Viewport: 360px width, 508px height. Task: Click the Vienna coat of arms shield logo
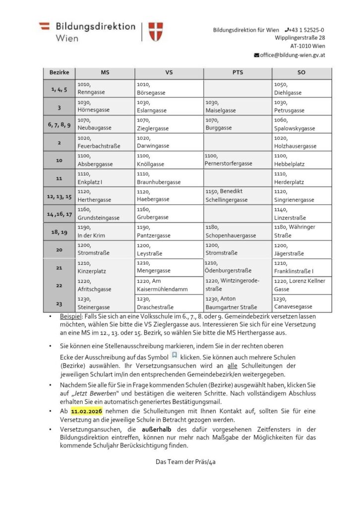click(156, 31)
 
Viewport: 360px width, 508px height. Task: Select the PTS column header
click(238, 72)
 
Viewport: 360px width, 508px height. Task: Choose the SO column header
click(301, 72)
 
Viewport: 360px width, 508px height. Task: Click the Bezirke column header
click(59, 72)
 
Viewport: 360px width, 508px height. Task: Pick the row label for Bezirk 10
click(59, 160)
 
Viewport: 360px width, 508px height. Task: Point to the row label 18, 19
click(59, 232)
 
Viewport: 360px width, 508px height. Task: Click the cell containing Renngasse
click(105, 89)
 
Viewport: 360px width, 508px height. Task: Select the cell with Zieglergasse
click(169, 124)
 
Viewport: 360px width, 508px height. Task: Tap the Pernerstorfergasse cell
click(238, 160)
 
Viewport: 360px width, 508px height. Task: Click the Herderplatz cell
click(301, 178)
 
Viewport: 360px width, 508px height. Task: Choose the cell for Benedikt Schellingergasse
click(238, 195)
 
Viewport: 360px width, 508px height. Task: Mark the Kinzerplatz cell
click(105, 267)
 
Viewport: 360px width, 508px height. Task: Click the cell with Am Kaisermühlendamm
click(169, 285)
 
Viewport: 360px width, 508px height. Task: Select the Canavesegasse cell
click(301, 303)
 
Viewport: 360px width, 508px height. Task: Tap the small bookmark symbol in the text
click(174, 355)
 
